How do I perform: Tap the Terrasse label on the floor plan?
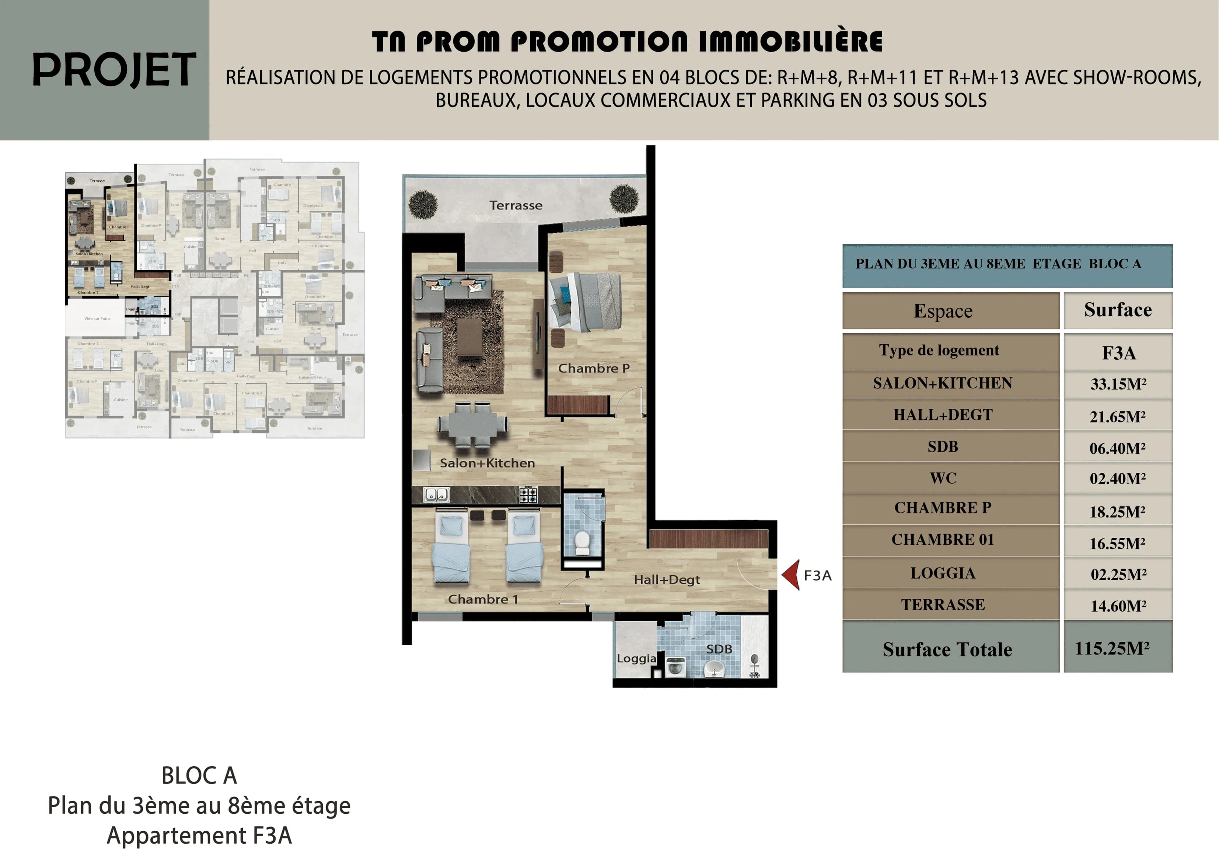(516, 206)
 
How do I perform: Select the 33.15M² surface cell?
(1118, 384)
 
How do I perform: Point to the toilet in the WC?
(583, 542)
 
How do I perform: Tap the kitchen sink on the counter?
(436, 495)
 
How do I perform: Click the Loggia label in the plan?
(636, 659)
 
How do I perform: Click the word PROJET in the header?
(113, 70)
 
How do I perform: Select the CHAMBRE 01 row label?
(942, 540)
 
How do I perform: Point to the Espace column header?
(943, 311)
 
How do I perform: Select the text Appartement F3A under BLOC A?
(199, 835)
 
